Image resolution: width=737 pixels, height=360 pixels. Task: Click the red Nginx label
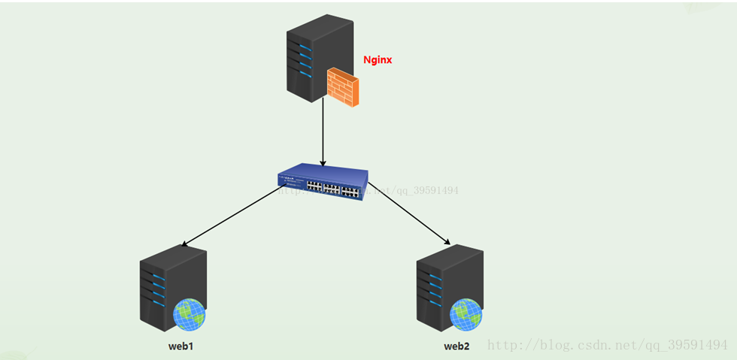pos(378,60)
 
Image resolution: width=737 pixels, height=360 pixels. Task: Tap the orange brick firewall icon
pos(343,86)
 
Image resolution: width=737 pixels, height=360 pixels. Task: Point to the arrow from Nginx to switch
pos(323,132)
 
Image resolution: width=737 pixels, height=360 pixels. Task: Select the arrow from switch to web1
pos(229,217)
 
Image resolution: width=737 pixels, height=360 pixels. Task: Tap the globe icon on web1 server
pos(189,314)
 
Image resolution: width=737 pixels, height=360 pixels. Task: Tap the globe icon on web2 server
pos(466,314)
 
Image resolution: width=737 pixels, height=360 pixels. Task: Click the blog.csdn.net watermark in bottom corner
pos(607,345)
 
